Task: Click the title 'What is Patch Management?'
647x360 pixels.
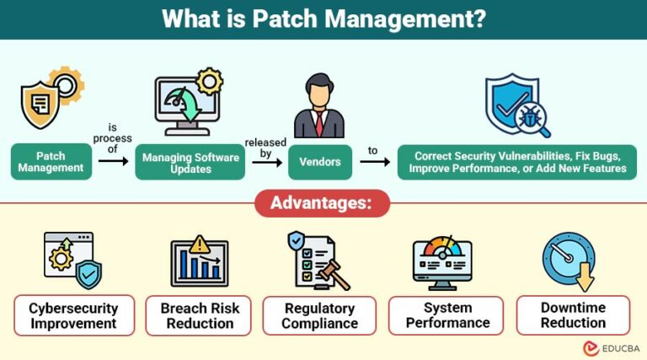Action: point(323,19)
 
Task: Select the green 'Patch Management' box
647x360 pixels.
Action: point(51,162)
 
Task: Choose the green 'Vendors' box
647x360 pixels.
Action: point(319,162)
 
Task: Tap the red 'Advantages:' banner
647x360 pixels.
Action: point(323,204)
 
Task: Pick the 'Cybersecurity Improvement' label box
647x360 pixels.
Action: point(72,315)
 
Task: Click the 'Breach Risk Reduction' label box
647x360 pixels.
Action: point(199,315)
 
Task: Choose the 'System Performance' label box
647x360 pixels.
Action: point(446,315)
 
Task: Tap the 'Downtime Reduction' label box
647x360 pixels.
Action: point(573,315)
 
